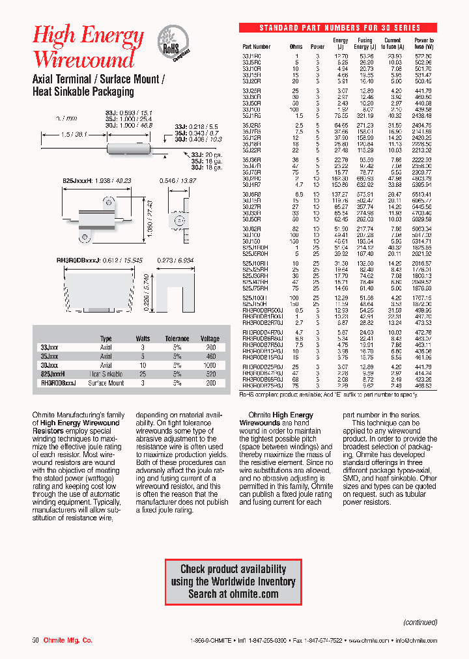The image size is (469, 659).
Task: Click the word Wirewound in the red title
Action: tap(84, 59)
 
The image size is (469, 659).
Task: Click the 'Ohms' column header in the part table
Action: tap(296, 47)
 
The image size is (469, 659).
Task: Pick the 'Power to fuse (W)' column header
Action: tap(423, 44)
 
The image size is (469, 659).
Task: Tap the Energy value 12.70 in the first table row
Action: tap(341, 57)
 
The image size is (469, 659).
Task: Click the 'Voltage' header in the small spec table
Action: tap(210, 339)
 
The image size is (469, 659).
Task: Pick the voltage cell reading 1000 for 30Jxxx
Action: tap(210, 365)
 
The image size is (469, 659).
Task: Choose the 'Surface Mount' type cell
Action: tap(106, 384)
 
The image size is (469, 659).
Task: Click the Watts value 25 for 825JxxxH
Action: tap(142, 374)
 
